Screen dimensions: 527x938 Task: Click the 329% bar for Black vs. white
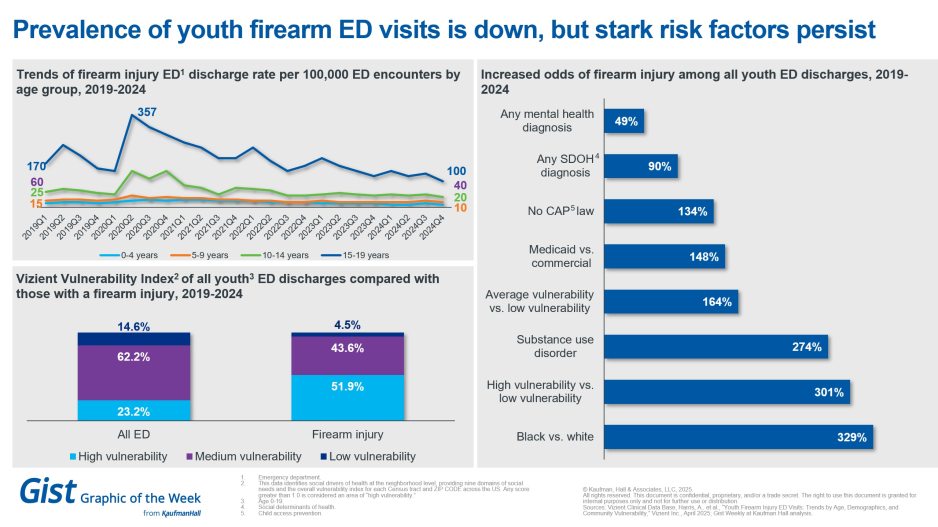(x=741, y=436)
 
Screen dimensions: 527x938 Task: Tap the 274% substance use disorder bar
(x=716, y=347)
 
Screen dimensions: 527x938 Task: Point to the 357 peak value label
(x=147, y=111)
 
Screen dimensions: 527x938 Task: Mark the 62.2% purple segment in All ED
(x=134, y=372)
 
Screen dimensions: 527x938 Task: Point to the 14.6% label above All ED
(x=134, y=325)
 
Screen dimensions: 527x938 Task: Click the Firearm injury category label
(x=348, y=435)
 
